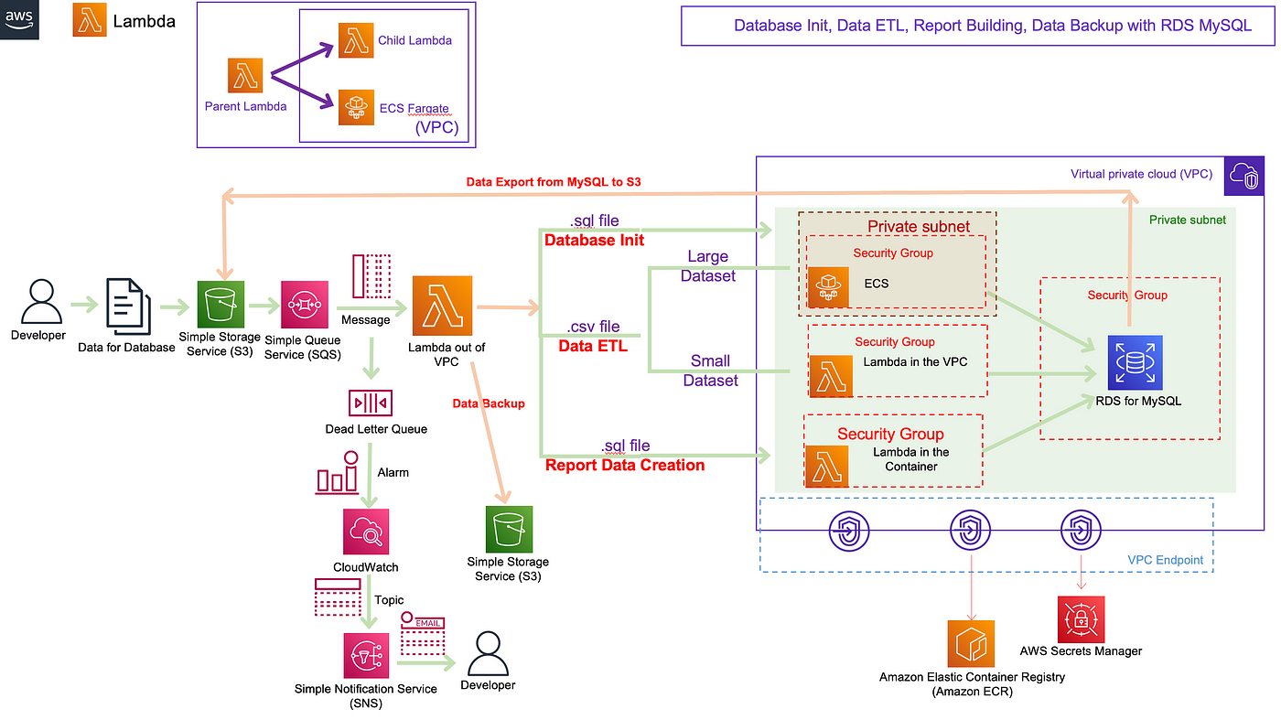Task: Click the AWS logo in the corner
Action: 19,19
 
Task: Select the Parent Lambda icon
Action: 245,75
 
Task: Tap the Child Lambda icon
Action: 356,40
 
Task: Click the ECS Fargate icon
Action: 356,107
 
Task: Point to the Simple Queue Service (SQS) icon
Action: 305,305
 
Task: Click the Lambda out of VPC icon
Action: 443,306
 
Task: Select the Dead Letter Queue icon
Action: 371,403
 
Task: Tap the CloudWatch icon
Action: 366,532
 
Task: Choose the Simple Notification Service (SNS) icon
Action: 366,655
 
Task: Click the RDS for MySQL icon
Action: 1136,362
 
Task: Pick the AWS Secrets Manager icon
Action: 1081,619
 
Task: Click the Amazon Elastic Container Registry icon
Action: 971,643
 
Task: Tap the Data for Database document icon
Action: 129,306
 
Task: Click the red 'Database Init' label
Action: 594,241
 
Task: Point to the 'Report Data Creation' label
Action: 625,465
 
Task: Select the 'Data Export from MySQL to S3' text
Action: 554,182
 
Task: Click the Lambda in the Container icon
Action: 827,466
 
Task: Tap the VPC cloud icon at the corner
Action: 1244,176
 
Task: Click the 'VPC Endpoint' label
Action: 1166,560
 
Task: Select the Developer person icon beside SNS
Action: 488,653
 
